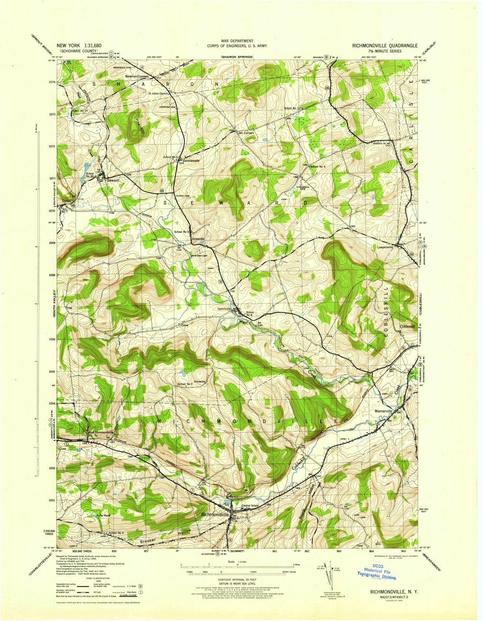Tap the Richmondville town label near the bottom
[215, 514]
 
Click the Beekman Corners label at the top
[136, 77]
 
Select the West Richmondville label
[100, 432]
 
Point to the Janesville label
[198, 238]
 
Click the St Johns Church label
[158, 94]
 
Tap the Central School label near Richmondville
[250, 506]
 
